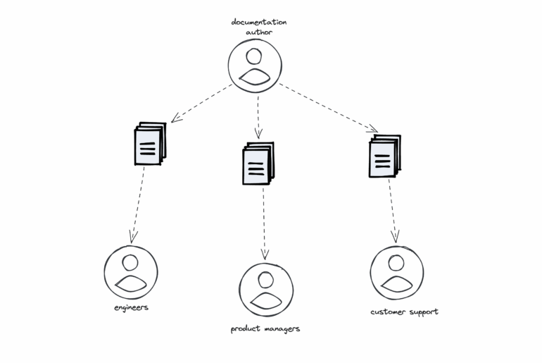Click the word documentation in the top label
(x=259, y=22)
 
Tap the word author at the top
(x=258, y=32)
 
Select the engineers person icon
(x=131, y=273)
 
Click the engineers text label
(x=131, y=308)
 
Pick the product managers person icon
(x=265, y=290)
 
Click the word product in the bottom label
(x=248, y=328)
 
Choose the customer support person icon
(x=397, y=273)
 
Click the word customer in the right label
(x=389, y=312)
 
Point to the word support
(x=424, y=312)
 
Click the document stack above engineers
(x=149, y=144)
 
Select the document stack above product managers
(x=258, y=164)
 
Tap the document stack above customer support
(x=384, y=156)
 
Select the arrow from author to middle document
(x=258, y=117)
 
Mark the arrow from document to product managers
(x=264, y=222)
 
